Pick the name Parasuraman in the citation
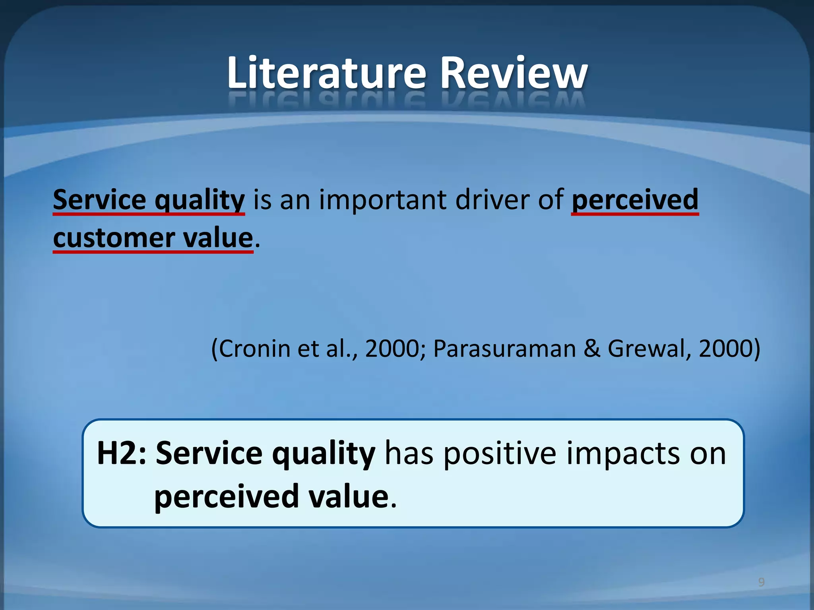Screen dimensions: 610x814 click(504, 349)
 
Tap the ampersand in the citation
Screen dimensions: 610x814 click(592, 349)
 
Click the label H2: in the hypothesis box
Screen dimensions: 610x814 click(122, 454)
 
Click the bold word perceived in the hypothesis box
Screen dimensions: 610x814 click(227, 496)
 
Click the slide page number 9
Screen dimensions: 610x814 click(761, 582)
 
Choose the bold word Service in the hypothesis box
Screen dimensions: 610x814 click(209, 454)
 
